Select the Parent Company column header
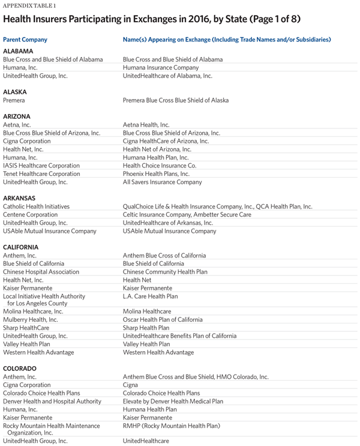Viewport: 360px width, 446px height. (x=25, y=40)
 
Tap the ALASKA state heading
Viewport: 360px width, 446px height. (x=16, y=92)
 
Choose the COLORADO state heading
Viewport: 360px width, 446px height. (x=20, y=368)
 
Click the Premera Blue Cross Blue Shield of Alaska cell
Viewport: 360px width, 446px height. (x=176, y=100)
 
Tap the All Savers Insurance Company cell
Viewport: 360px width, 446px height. (x=162, y=182)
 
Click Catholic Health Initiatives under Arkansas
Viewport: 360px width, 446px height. (x=36, y=206)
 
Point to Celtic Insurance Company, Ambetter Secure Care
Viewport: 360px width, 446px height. (x=187, y=214)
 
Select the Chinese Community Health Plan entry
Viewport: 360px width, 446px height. (x=165, y=272)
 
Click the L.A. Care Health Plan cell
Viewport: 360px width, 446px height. (x=149, y=297)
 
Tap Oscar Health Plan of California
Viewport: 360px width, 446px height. (x=163, y=320)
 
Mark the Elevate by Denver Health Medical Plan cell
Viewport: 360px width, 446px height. (x=173, y=401)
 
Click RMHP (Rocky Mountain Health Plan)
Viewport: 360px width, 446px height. (x=172, y=426)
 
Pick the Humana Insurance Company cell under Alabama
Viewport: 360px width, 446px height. (x=160, y=68)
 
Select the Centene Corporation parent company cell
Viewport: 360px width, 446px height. (x=31, y=214)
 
